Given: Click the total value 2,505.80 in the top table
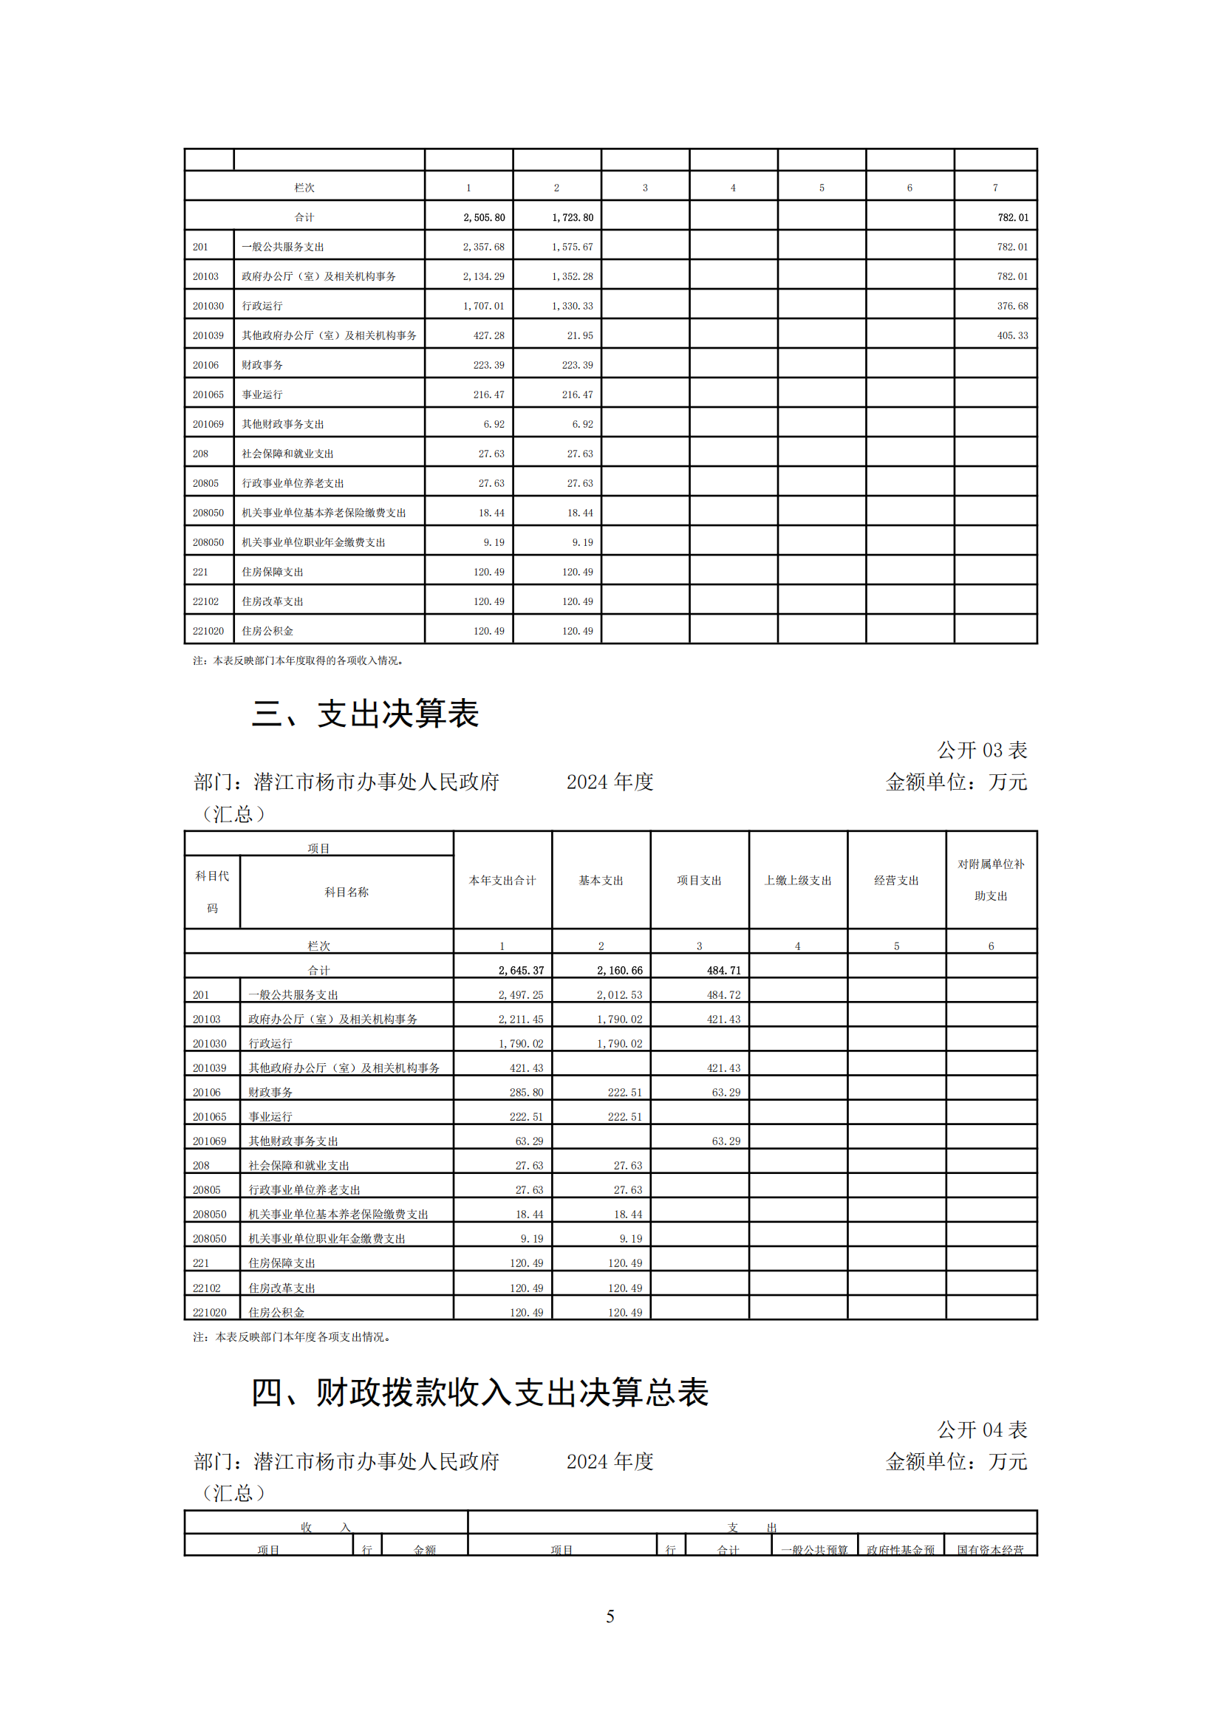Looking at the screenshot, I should pyautogui.click(x=484, y=217).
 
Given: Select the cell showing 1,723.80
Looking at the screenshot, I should pyautogui.click(x=573, y=217).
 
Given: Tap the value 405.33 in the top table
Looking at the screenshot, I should pyautogui.click(x=1012, y=335).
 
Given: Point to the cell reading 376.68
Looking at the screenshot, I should pyautogui.click(x=1012, y=307).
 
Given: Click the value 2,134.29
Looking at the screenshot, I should pyautogui.click(x=484, y=277).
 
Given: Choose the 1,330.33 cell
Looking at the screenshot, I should pyautogui.click(x=573, y=307).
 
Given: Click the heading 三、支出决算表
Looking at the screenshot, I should pyautogui.click(x=365, y=714).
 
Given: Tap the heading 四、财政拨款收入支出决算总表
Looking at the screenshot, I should pyautogui.click(x=479, y=1393).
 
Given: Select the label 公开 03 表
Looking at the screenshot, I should pyautogui.click(x=981, y=751).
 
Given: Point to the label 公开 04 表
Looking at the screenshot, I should pyautogui.click(x=981, y=1430).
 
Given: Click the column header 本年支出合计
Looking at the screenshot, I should pyautogui.click(x=502, y=881).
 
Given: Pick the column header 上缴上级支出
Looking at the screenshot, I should pyautogui.click(x=798, y=881).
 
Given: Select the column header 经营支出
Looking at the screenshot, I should pyautogui.click(x=896, y=881).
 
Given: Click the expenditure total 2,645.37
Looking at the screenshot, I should pyautogui.click(x=521, y=971).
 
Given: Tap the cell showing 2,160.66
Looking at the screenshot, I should pyautogui.click(x=619, y=971).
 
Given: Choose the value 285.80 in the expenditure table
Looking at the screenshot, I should pyautogui.click(x=526, y=1093).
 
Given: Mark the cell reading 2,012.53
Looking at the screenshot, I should pyautogui.click(x=619, y=995).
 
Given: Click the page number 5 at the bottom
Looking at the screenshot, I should pyautogui.click(x=610, y=1616).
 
